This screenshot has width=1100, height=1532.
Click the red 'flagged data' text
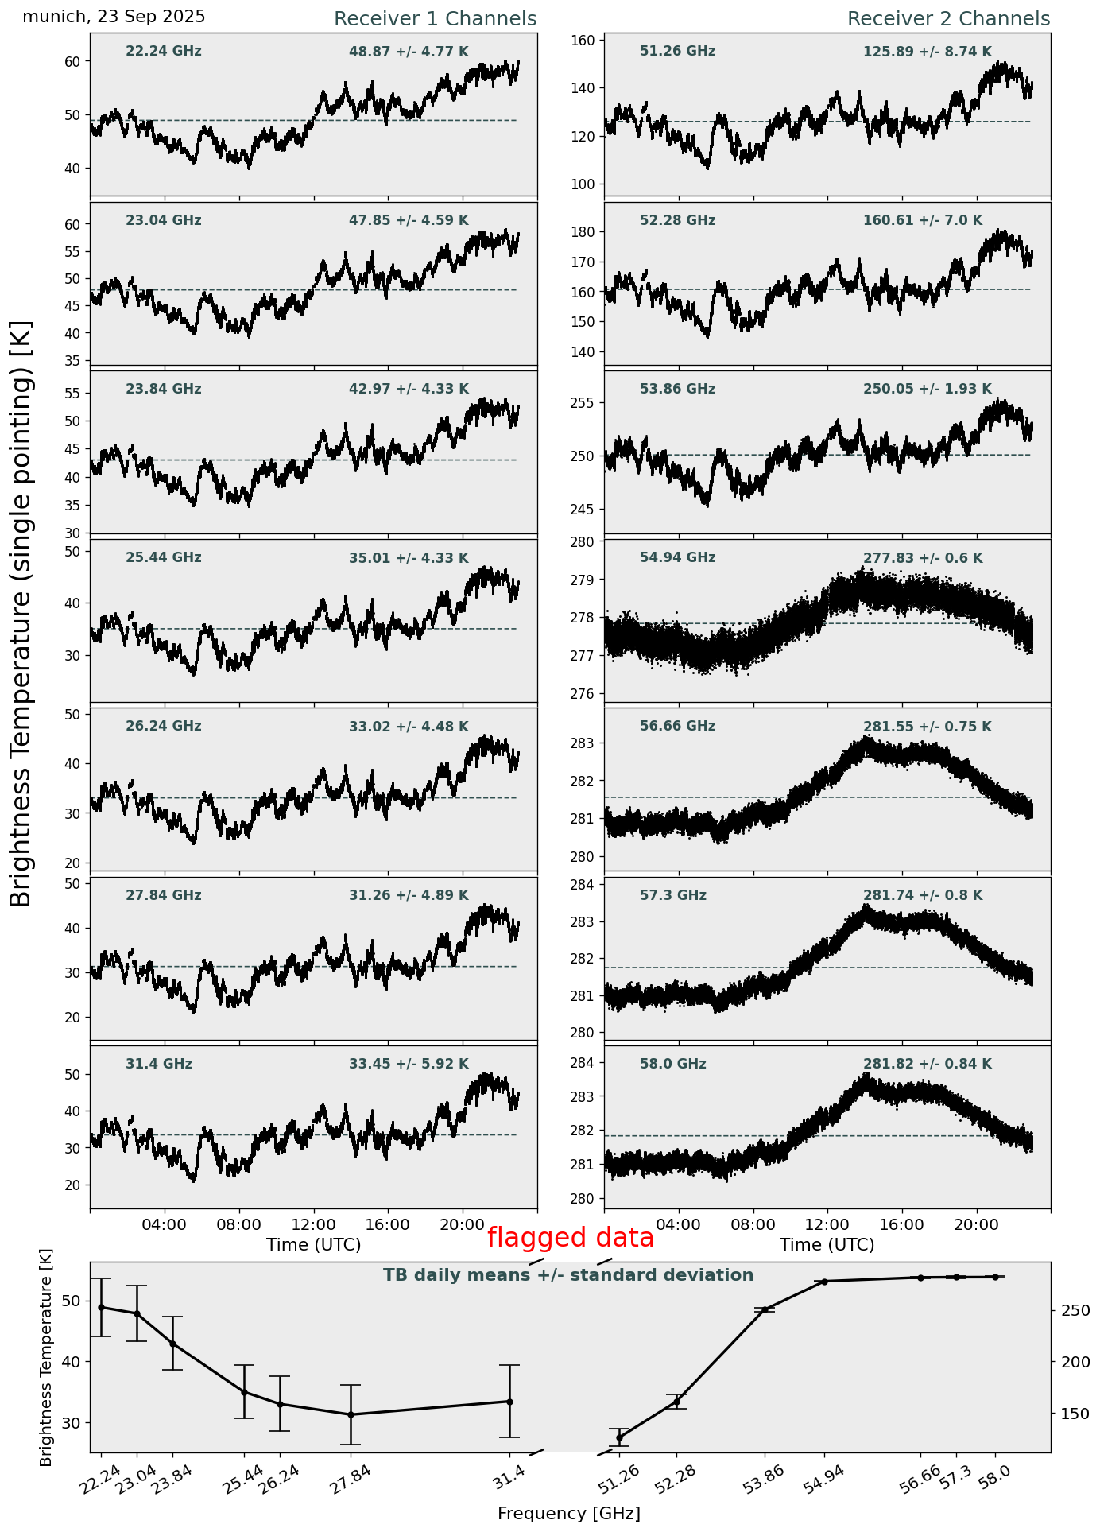[x=570, y=1238]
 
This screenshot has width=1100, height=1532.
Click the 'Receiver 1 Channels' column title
[x=435, y=19]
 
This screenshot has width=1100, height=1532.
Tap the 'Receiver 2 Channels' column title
[x=948, y=19]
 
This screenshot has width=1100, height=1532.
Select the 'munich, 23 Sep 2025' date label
[x=114, y=17]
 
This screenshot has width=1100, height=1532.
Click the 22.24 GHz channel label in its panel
[x=163, y=52]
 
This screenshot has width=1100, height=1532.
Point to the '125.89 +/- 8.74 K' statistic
[x=927, y=52]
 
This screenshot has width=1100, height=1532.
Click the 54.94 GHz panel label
[x=677, y=558]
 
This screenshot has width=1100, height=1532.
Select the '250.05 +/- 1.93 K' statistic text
[x=927, y=390]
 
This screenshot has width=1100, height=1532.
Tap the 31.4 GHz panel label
[x=158, y=1064]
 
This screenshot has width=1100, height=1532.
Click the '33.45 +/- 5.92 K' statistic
[x=409, y=1065]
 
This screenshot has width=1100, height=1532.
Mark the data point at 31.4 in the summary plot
[x=509, y=1402]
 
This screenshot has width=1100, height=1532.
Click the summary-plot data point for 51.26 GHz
[x=619, y=1437]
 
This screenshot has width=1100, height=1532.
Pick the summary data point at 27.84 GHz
[x=351, y=1414]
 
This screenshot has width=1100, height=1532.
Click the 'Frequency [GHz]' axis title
[x=568, y=1513]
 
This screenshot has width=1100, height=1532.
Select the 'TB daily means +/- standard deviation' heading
[x=568, y=1275]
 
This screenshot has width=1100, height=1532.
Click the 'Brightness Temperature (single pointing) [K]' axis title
[x=21, y=613]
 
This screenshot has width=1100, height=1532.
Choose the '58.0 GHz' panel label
[x=672, y=1064]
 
